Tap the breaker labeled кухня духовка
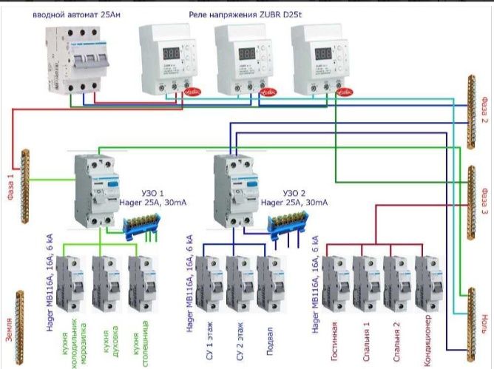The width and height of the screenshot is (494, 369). [x=106, y=284]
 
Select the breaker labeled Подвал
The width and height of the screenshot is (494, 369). [x=271, y=284]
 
